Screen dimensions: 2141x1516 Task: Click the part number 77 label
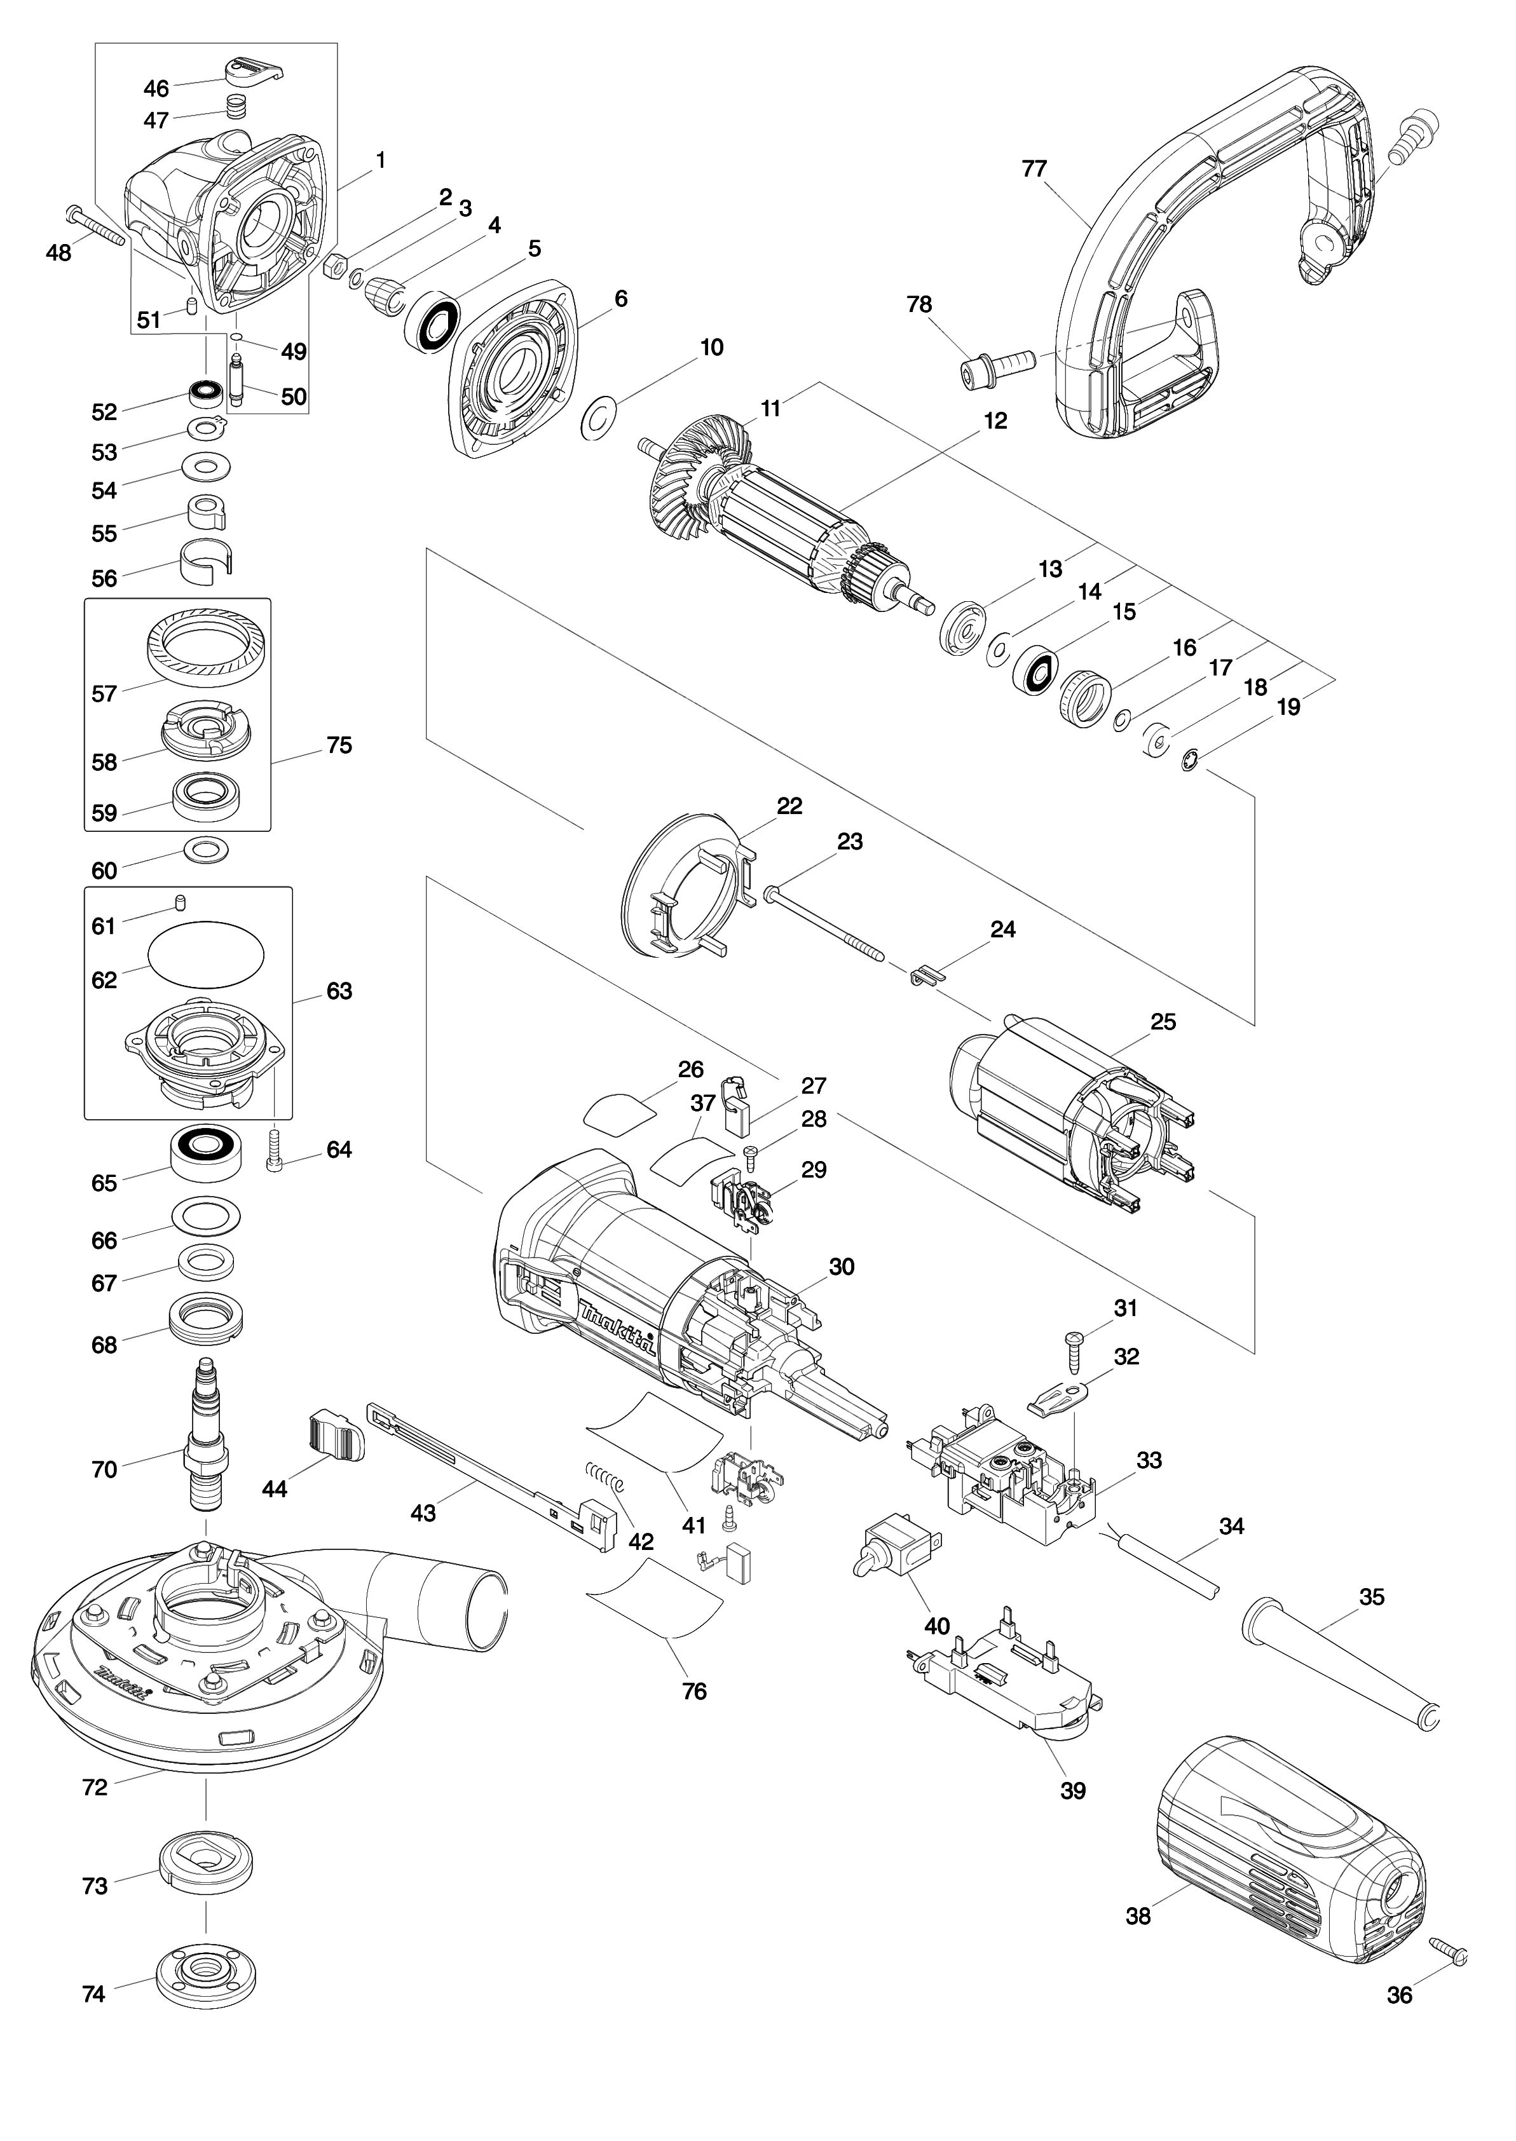coord(1034,169)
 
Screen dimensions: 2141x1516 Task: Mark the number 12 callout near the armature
coord(995,421)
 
